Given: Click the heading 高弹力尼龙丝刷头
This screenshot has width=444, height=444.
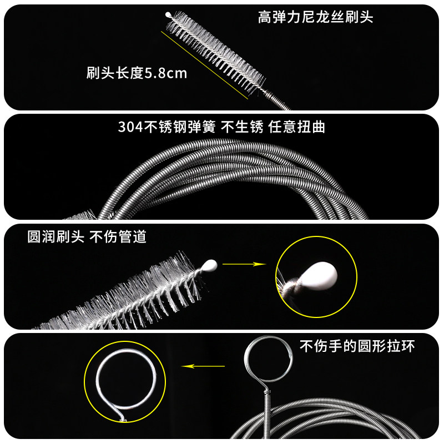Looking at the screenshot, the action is click(x=315, y=17).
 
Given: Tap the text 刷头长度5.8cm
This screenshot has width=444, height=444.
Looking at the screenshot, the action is click(x=137, y=73).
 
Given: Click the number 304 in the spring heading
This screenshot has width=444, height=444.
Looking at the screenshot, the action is click(x=130, y=127).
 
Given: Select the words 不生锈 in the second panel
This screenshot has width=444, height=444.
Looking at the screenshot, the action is click(x=242, y=127).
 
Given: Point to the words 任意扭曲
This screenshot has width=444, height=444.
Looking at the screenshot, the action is click(x=296, y=127).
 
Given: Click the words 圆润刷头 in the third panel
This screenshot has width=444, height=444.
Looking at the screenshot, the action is click(x=56, y=236).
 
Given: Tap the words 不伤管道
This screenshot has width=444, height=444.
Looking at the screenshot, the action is click(x=118, y=236).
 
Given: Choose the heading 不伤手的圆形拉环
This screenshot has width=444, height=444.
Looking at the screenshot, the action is click(x=357, y=346).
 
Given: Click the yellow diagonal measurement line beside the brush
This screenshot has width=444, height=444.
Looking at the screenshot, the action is click(x=204, y=65).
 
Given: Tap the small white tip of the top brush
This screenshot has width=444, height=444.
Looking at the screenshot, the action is click(x=168, y=14).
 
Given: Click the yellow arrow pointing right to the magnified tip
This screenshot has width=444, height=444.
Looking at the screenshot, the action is click(x=244, y=264).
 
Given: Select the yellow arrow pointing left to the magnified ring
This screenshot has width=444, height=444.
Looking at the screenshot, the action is click(x=203, y=366).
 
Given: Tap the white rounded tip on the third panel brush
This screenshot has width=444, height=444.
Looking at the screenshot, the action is click(x=210, y=266).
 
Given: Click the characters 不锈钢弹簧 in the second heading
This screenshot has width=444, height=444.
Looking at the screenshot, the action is click(x=180, y=127).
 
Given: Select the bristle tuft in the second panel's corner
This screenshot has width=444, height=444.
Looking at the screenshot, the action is click(x=80, y=215).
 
